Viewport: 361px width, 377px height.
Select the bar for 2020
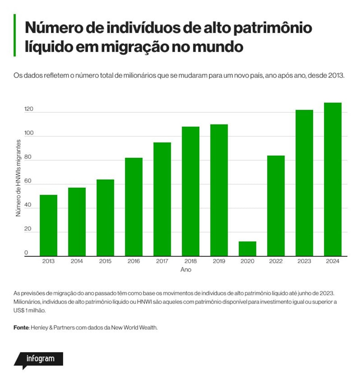(x=247, y=249)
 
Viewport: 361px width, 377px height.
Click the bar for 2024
(x=332, y=179)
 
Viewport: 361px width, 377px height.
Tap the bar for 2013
(x=48, y=226)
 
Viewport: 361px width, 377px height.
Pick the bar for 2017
(x=162, y=199)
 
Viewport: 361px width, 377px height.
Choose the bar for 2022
(x=276, y=206)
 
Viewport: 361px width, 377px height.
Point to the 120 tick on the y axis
(x=29, y=109)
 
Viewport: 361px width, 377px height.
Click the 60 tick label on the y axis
(x=28, y=181)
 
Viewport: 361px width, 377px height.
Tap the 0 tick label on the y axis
(x=26, y=253)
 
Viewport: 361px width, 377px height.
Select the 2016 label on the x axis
(x=134, y=261)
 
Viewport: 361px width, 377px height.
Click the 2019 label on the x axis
(x=219, y=261)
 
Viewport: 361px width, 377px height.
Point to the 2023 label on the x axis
(x=304, y=261)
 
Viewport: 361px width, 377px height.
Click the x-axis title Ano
(x=186, y=270)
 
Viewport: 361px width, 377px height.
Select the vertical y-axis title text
(x=18, y=178)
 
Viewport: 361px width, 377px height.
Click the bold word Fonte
(x=21, y=327)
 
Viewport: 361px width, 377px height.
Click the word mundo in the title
(x=218, y=46)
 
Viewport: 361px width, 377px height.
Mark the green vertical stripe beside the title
(x=15, y=35)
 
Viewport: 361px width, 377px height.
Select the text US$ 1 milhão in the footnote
(x=29, y=310)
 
